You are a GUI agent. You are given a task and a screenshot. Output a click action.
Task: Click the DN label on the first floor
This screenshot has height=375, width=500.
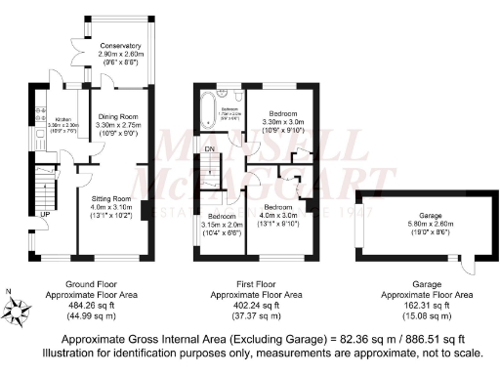pos(210,147)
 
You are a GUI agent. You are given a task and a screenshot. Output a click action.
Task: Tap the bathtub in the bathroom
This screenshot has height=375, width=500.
pos(206,110)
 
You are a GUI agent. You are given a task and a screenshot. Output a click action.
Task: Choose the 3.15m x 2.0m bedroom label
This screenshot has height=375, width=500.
pos(223,222)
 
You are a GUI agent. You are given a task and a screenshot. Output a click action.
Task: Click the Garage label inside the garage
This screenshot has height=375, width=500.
pos(422,215)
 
